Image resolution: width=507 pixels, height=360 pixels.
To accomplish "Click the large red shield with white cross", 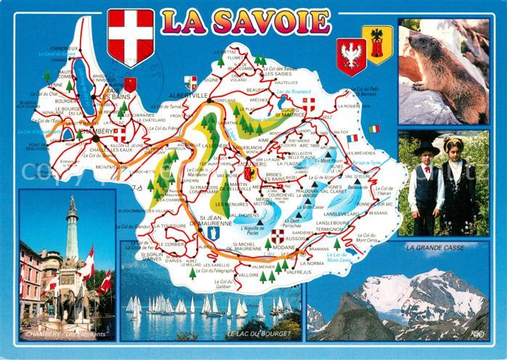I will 131,36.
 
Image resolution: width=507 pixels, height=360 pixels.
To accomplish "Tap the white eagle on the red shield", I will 351,56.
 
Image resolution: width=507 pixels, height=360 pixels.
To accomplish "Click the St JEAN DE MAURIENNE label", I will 210,221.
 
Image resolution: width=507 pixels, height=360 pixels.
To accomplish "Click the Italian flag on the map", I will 374,129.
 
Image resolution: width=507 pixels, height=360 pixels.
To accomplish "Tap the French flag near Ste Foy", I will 353,138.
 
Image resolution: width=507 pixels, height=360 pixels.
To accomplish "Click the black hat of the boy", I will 426,148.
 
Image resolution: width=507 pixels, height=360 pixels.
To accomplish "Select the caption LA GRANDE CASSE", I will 434,247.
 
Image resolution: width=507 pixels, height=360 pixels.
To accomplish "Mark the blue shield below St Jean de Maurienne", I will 213,234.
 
